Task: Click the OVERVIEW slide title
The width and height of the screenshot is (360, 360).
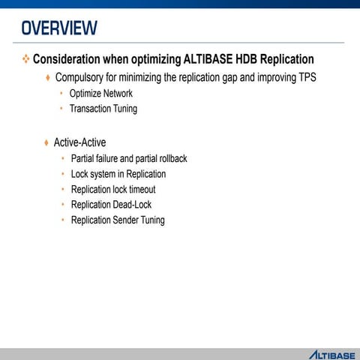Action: pyautogui.click(x=59, y=28)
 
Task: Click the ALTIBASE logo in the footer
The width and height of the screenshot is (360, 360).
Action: pyautogui.click(x=331, y=353)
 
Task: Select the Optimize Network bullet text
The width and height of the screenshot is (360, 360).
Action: pyautogui.click(x=100, y=94)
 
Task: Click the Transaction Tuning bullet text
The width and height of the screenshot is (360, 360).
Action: pyautogui.click(x=103, y=109)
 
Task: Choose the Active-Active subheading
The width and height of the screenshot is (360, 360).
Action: pyautogui.click(x=79, y=142)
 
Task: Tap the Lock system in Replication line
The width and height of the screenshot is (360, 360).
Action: pyautogui.click(x=118, y=174)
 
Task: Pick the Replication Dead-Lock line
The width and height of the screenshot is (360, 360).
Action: pyautogui.click(x=111, y=205)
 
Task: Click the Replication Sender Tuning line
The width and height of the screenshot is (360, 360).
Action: pyautogui.click(x=118, y=220)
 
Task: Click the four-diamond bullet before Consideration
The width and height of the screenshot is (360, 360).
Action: pyautogui.click(x=26, y=58)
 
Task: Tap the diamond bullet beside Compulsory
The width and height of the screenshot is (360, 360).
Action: pyautogui.click(x=48, y=78)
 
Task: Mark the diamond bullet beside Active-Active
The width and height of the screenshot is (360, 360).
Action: pyautogui.click(x=46, y=142)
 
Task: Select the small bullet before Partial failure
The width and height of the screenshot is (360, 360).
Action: pyautogui.click(x=63, y=159)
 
